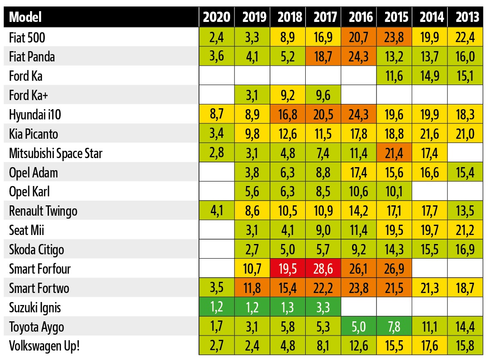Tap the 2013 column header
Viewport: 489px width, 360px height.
click(467, 17)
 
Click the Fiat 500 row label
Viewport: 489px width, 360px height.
click(27, 38)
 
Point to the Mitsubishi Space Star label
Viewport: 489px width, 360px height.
click(56, 153)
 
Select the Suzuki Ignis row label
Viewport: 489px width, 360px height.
click(35, 308)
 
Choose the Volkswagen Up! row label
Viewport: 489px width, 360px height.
click(45, 346)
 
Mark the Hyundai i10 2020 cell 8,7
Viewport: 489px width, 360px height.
click(216, 115)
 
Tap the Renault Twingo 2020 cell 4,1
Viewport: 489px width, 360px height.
click(216, 211)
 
